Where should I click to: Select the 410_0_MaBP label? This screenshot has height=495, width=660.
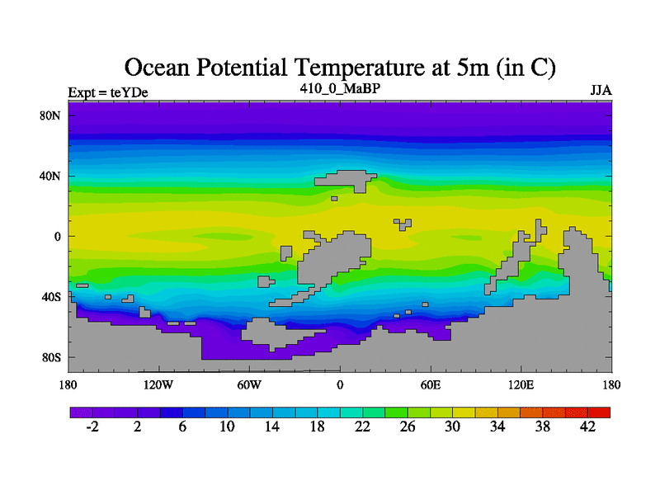pos(340,87)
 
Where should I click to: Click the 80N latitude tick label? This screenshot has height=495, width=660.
pos(51,115)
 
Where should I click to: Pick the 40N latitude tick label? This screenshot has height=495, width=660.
pos(51,176)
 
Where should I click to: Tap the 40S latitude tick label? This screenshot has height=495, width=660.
pos(51,297)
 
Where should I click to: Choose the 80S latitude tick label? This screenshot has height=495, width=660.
pos(51,358)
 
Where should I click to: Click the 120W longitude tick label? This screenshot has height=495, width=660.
pos(158,385)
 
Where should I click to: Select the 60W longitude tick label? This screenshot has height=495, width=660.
pos(248,385)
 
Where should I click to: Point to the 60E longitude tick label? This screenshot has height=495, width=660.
pos(431,385)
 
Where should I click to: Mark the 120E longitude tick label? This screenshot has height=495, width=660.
pos(521,385)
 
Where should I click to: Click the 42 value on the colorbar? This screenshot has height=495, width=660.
pos(588,427)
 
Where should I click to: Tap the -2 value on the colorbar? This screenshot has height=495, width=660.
pos(92,427)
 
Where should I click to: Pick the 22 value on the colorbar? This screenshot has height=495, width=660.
pos(362,427)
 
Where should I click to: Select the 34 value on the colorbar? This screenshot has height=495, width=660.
pos(497,427)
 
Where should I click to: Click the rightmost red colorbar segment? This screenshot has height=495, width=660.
pos(599,412)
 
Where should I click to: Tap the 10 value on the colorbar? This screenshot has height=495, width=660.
pos(227,427)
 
